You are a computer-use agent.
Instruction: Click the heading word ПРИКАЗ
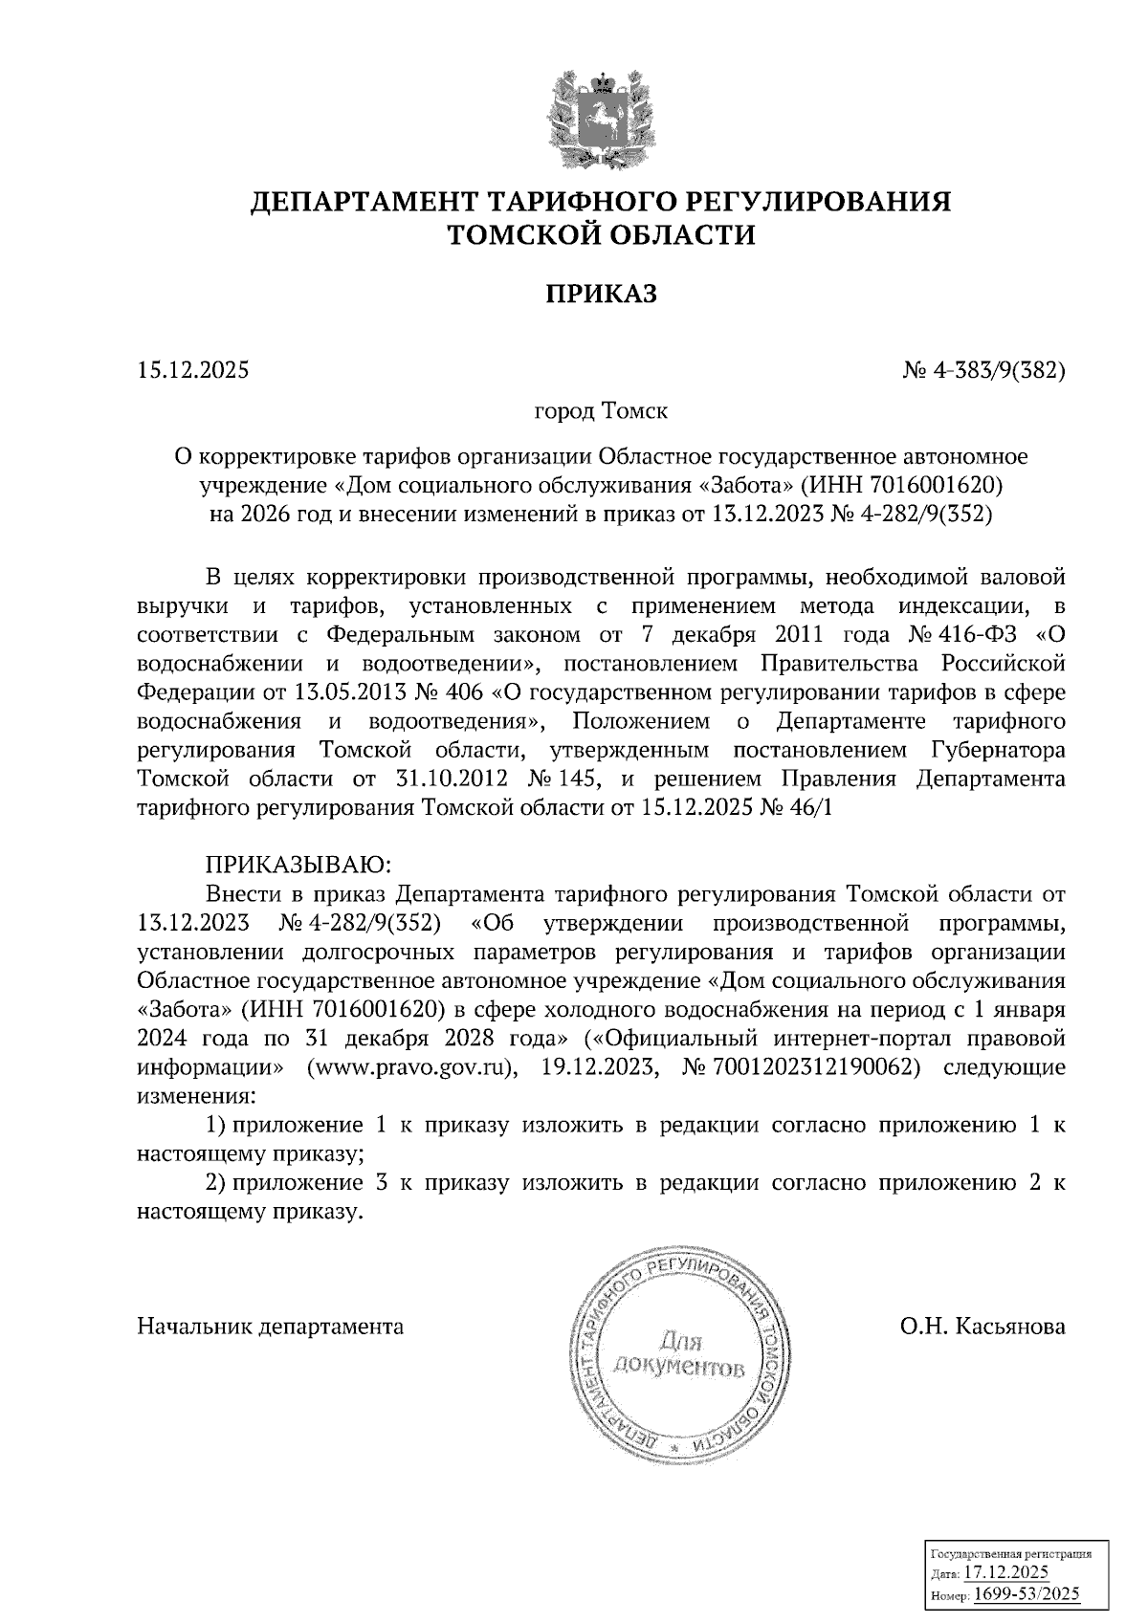tap(601, 295)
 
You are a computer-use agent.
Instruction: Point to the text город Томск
tap(600, 412)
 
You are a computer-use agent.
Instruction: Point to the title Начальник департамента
tap(271, 1327)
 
